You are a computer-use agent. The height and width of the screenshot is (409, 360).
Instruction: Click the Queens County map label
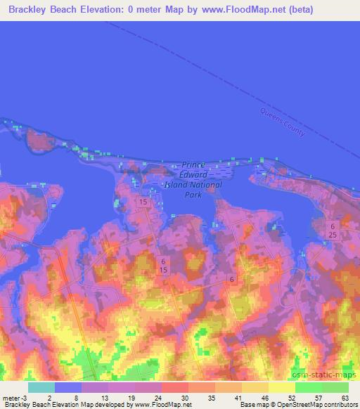click(x=282, y=123)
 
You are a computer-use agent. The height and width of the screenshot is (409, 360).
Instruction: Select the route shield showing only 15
click(x=143, y=202)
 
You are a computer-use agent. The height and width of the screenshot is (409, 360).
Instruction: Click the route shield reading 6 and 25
click(x=331, y=229)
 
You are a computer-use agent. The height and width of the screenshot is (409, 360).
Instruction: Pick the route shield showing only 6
click(x=231, y=280)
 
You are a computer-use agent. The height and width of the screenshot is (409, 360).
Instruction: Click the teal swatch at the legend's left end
click(x=41, y=387)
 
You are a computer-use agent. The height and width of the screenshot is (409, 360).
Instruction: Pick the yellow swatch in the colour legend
click(x=281, y=387)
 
